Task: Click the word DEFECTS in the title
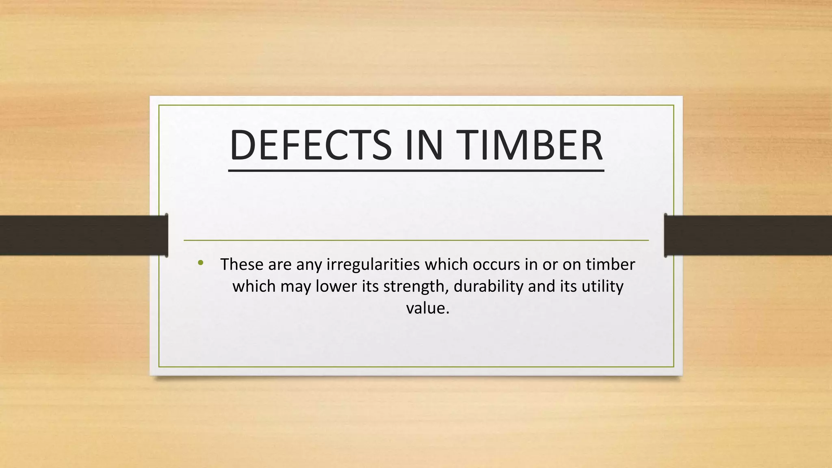310,145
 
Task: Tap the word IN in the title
423,145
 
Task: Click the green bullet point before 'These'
200,263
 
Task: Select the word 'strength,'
416,286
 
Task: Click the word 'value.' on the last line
427,308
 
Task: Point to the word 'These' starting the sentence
242,264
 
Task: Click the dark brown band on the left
81,235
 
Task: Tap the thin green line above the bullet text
416,240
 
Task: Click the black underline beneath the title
416,171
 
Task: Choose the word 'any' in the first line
309,264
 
